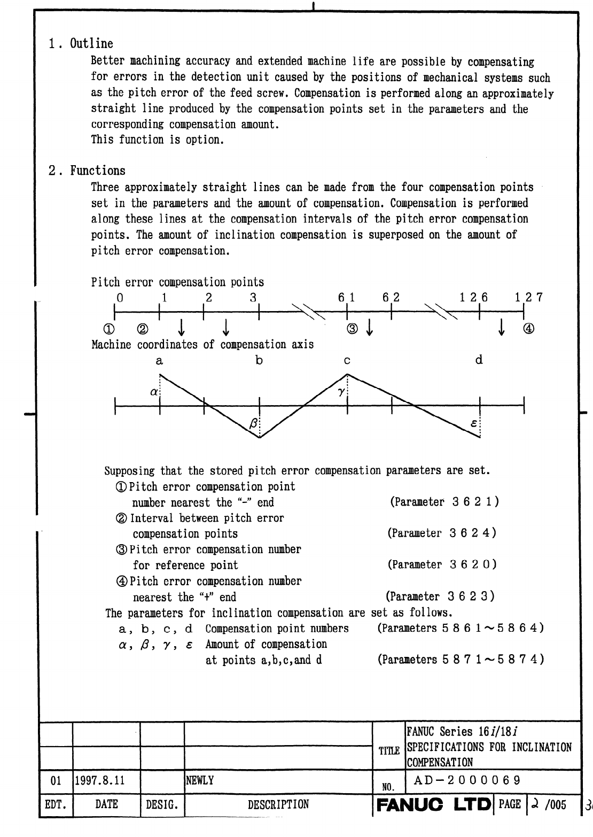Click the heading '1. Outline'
click(x=81, y=44)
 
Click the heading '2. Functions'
click(x=87, y=171)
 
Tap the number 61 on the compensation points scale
click(x=346, y=298)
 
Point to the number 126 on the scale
click(x=474, y=298)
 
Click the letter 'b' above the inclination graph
click(x=259, y=360)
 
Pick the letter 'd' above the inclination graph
click(x=479, y=360)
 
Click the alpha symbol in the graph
click(x=154, y=392)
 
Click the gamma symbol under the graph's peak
click(x=341, y=392)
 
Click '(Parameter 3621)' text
click(x=444, y=502)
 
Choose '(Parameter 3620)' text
click(x=442, y=564)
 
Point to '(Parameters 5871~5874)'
click(x=461, y=660)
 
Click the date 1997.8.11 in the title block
click(x=100, y=780)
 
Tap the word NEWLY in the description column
click(x=200, y=780)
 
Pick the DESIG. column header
click(x=161, y=804)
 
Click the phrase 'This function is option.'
click(x=156, y=140)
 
